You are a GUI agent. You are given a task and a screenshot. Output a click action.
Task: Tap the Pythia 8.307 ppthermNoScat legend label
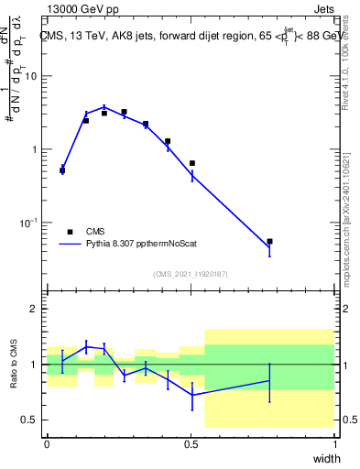pyautogui.click(x=139, y=245)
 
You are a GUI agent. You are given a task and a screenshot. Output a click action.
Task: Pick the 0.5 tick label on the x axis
pyautogui.click(x=191, y=444)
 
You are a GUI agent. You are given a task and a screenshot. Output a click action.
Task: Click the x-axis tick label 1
pyautogui.click(x=334, y=444)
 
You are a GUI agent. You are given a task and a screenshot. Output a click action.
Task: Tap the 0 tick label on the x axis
pyautogui.click(x=47, y=444)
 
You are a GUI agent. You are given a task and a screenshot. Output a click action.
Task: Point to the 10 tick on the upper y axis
pyautogui.click(x=31, y=76)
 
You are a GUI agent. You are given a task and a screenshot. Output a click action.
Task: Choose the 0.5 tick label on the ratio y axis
pyautogui.click(x=32, y=420)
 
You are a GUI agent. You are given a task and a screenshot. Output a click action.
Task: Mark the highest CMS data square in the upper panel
pyautogui.click(x=124, y=112)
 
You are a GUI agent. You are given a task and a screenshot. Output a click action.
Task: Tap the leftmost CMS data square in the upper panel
pyautogui.click(x=62, y=170)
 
